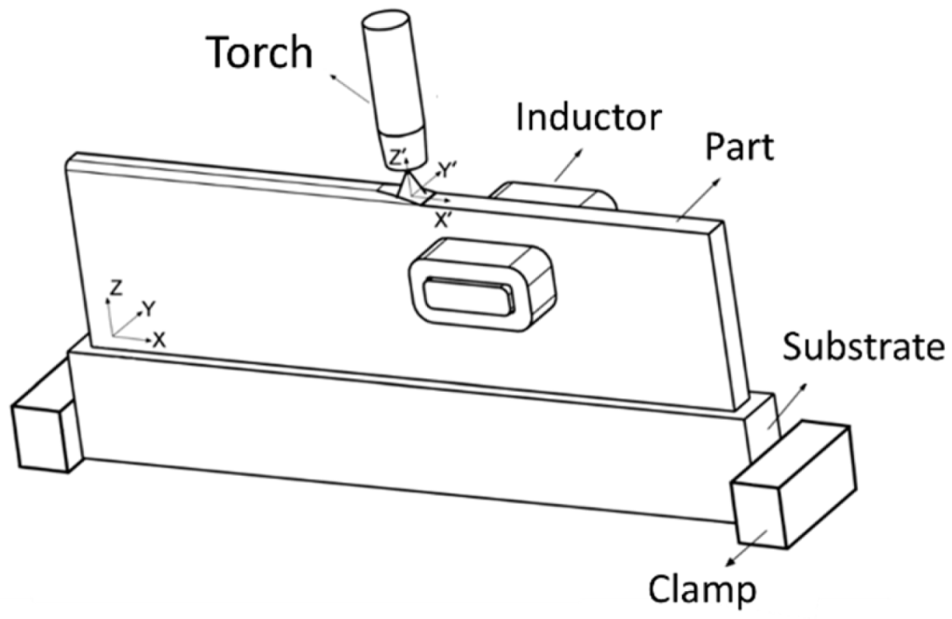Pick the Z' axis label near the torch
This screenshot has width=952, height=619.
398,159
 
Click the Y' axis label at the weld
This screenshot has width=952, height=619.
446,172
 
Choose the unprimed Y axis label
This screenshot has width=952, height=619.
149,308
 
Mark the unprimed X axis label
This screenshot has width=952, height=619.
159,340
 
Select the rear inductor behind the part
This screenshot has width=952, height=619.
550,195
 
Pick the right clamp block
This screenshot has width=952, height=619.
790,485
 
